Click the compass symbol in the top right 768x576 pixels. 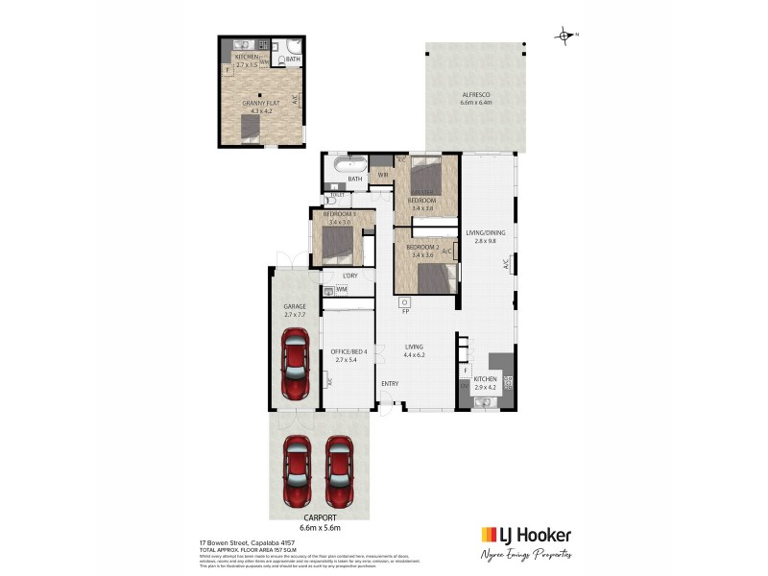coord(564,36)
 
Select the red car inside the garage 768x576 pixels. coord(295,364)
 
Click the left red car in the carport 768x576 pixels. coord(298,471)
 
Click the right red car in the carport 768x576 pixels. coord(340,471)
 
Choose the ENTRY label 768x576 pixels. coord(390,384)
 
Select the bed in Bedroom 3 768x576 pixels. coord(336,244)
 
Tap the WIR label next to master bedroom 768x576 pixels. coord(381,175)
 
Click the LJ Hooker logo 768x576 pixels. coord(525,536)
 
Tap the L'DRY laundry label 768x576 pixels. coord(337,276)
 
